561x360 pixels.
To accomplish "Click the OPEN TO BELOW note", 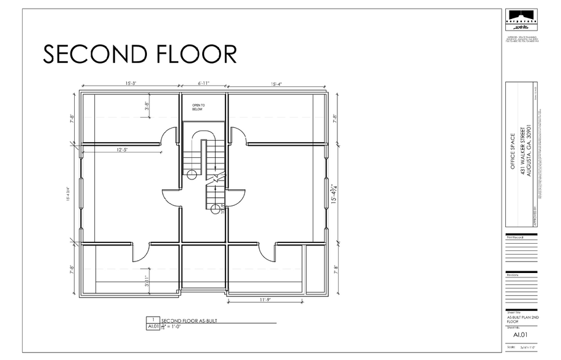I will pos(198,108).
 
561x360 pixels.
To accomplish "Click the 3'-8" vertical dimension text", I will pos(147,107).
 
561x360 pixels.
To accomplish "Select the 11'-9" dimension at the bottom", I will pos(264,299).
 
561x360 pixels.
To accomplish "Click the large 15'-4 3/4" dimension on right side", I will pos(333,195).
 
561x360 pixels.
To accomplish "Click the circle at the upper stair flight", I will pos(191,175).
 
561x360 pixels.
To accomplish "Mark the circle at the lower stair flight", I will pos(215,210).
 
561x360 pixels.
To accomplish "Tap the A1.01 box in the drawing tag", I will pos(152,328).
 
